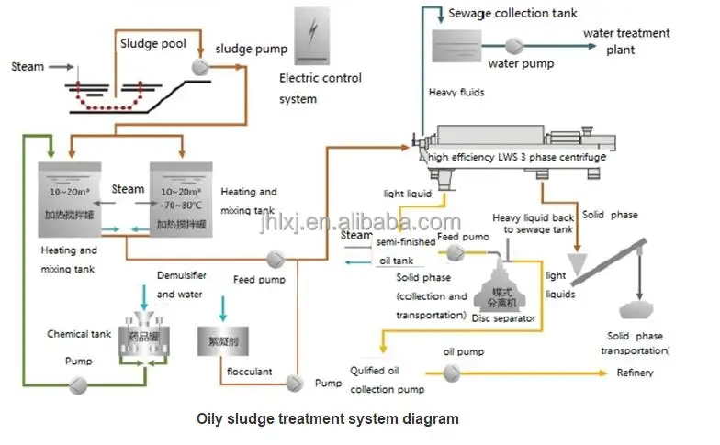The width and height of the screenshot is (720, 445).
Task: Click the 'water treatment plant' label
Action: tap(626, 41)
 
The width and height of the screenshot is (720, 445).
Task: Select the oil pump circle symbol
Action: tap(451, 373)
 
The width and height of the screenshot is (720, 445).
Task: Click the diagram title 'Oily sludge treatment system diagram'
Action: tap(328, 419)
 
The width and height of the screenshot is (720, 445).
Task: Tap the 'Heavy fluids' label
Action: tap(456, 93)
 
